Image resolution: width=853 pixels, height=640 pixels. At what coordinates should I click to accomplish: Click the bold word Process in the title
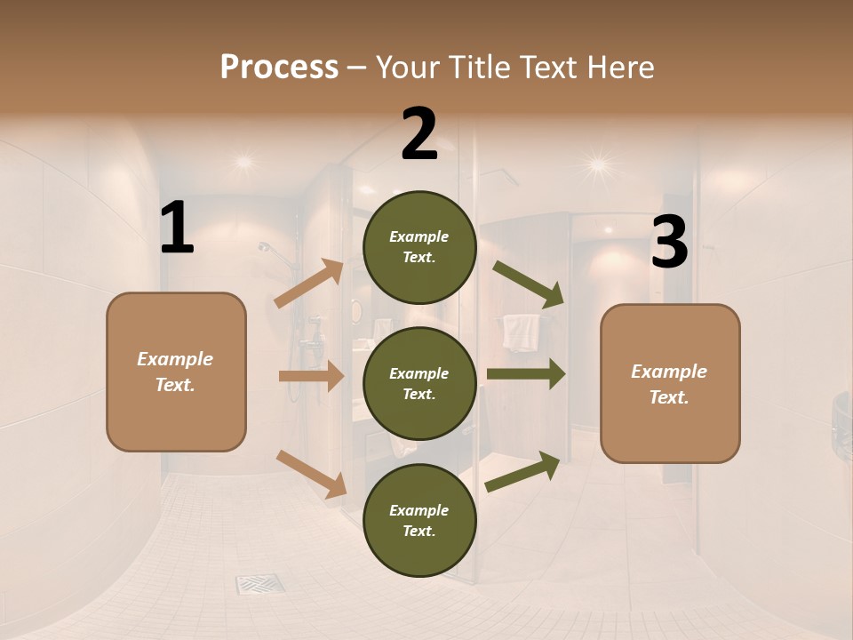(279, 67)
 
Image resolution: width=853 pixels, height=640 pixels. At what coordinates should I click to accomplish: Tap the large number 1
(177, 228)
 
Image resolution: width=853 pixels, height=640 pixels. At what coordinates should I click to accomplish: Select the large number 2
(419, 134)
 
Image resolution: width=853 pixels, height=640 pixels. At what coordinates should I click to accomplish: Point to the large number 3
(669, 244)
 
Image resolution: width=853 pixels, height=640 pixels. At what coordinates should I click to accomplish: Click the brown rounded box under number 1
(176, 372)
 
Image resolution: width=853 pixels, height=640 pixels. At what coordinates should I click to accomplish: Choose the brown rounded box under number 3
(670, 383)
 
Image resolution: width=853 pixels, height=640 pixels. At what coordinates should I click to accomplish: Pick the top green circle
(419, 247)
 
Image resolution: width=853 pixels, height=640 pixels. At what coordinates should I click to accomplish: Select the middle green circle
(419, 383)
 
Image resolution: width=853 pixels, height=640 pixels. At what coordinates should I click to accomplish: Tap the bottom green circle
(419, 520)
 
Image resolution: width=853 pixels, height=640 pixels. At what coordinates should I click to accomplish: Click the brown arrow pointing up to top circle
(309, 284)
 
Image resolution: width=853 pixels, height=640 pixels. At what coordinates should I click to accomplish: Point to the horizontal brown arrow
(311, 376)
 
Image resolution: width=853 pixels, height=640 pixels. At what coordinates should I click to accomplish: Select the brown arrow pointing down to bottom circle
(311, 474)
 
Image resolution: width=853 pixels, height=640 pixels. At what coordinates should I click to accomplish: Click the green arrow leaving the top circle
(528, 284)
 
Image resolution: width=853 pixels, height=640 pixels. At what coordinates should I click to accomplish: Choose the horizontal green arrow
(525, 373)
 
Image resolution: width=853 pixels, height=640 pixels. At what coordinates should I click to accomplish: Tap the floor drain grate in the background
(260, 584)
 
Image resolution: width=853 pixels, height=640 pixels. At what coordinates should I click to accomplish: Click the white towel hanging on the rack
(521, 332)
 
